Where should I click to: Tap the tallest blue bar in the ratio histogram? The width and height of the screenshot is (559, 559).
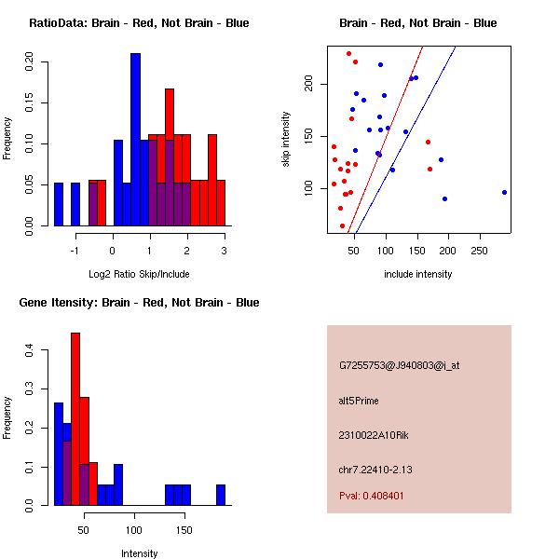tap(135, 140)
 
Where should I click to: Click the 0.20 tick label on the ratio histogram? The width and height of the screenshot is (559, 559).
tap(29, 63)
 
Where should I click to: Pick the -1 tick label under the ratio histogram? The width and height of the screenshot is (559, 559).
tap(75, 251)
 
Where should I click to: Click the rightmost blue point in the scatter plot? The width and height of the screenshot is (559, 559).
tap(504, 192)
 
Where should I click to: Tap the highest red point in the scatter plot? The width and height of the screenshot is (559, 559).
tap(348, 53)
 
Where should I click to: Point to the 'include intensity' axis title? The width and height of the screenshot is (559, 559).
tap(417, 274)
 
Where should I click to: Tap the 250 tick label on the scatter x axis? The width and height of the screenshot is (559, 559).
tap(480, 251)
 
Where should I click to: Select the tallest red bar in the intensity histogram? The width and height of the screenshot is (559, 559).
tap(75, 418)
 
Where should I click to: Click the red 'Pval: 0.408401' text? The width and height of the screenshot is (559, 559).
tap(372, 496)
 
